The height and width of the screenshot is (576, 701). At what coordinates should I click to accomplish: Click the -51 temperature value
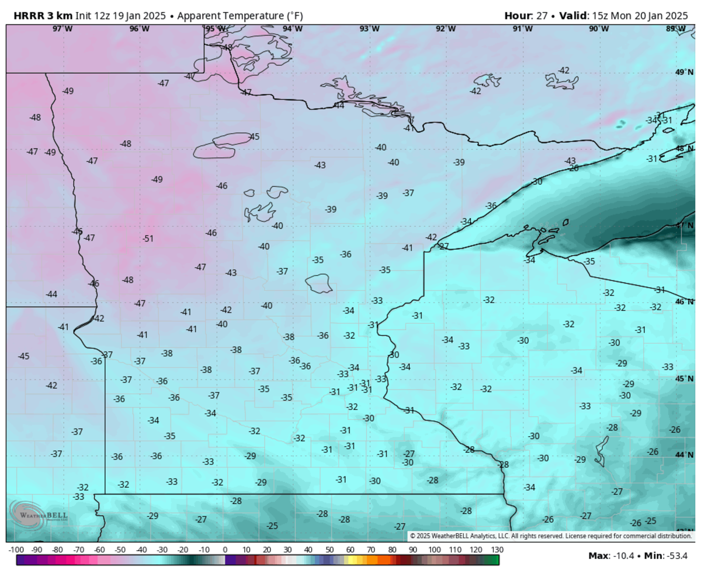pyautogui.click(x=148, y=238)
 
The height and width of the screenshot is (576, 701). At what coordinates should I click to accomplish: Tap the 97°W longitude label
pyautogui.click(x=63, y=28)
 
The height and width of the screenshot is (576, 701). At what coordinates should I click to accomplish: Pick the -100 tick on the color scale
pyautogui.click(x=16, y=550)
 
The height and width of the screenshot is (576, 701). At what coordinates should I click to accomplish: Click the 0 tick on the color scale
pyautogui.click(x=225, y=550)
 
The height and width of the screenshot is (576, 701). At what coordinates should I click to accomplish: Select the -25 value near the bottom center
pyautogui.click(x=272, y=526)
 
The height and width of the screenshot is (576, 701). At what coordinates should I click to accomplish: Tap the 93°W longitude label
pyautogui.click(x=369, y=28)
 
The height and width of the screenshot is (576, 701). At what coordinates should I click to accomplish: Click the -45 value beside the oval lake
pyautogui.click(x=254, y=136)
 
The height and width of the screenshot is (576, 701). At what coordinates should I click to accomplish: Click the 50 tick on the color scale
pyautogui.click(x=329, y=550)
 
